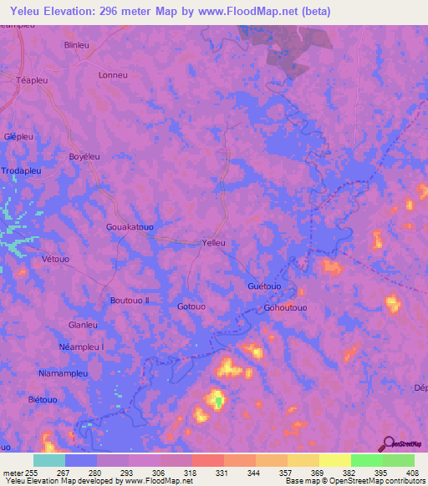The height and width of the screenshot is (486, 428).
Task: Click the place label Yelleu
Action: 214,243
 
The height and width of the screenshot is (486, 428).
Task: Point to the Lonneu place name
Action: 113,74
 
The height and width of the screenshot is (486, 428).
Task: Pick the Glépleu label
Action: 19,136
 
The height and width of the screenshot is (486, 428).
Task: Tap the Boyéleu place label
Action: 84,157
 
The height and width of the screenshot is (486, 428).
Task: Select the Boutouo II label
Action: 130,300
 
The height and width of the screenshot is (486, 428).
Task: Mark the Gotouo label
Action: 191,306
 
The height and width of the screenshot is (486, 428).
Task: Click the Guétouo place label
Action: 265,286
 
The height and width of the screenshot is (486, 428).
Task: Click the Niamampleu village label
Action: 64,373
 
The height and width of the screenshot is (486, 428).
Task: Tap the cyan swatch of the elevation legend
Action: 49,460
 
